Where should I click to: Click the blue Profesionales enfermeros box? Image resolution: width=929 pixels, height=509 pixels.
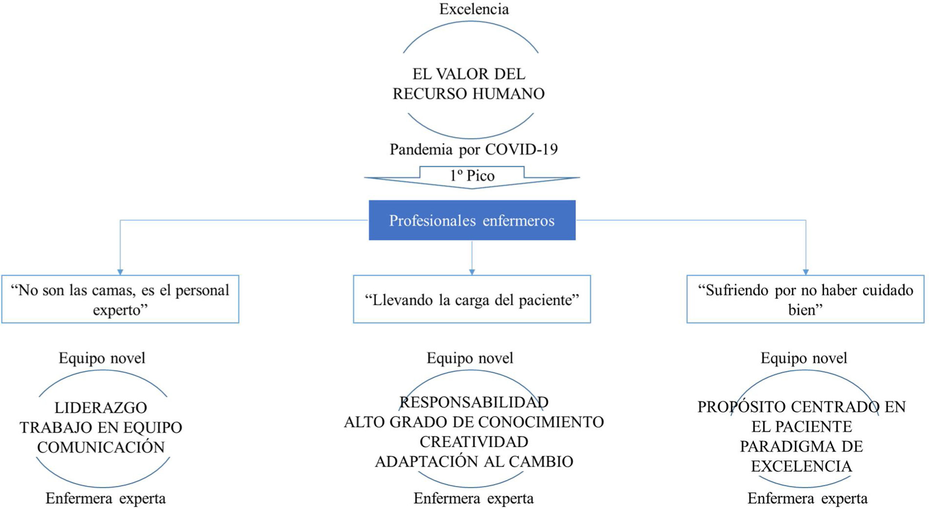[x=472, y=220]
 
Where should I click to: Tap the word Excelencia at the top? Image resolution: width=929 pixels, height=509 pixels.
[x=474, y=9]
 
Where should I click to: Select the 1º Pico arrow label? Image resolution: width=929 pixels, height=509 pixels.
[x=472, y=175]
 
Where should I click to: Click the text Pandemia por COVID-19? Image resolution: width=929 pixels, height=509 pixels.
[x=473, y=149]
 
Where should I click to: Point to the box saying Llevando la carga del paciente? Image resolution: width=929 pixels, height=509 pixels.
[x=472, y=299]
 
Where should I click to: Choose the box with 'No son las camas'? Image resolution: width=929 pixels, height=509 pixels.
[x=120, y=299]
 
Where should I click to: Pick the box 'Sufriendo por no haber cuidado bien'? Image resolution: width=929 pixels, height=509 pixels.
[x=805, y=299]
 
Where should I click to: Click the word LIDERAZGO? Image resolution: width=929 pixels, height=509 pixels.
[x=101, y=408]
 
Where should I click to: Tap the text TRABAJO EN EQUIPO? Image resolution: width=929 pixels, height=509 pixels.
[x=101, y=428]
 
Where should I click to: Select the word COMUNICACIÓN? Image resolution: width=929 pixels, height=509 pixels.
[x=101, y=447]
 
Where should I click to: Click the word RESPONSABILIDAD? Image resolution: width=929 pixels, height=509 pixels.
[x=474, y=402]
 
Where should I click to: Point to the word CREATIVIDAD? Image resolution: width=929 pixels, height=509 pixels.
[x=474, y=442]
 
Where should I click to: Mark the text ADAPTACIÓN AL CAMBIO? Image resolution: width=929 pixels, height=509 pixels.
[x=474, y=462]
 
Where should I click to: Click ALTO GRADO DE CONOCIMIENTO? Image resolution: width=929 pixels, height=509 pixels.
[x=474, y=422]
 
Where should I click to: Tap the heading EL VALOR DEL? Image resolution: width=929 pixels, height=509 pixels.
[x=469, y=74]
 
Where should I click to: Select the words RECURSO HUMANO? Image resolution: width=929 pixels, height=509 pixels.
[x=469, y=94]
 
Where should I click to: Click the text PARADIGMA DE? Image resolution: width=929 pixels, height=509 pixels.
[x=802, y=447]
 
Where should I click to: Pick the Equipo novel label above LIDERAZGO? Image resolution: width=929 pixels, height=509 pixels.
[x=102, y=358]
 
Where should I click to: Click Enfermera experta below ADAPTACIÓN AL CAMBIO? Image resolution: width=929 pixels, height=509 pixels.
[x=473, y=498]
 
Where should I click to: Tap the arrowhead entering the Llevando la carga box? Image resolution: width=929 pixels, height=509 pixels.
[x=472, y=272]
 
